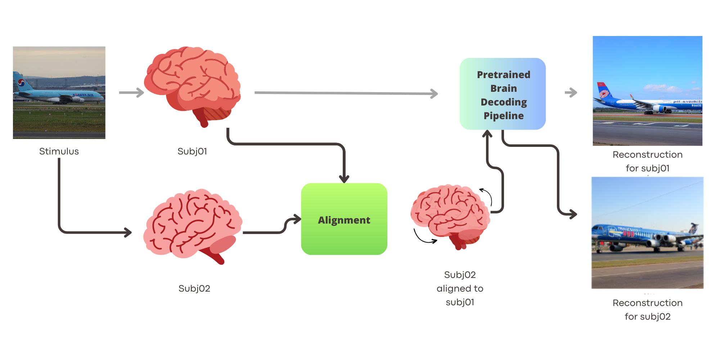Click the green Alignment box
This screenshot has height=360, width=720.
(344, 219)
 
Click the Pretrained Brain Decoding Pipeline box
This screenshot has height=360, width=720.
(503, 94)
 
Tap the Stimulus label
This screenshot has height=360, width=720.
(59, 151)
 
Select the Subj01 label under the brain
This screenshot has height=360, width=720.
(192, 151)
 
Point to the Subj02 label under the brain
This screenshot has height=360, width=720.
(194, 288)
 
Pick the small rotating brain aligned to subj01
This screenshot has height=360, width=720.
(450, 216)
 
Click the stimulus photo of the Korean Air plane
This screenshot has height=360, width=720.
(59, 93)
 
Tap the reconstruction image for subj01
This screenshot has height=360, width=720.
(647, 91)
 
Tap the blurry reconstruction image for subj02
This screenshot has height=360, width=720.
(647, 233)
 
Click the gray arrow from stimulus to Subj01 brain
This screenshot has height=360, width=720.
(131, 93)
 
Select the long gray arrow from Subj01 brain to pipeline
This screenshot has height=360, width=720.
(346, 93)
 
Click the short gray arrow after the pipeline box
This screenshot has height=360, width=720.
(571, 93)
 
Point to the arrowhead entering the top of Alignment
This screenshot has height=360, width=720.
(344, 179)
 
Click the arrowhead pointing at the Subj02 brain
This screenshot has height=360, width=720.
(127, 232)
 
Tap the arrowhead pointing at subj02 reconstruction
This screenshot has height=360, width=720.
(572, 214)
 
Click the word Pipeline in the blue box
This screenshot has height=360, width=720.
(503, 116)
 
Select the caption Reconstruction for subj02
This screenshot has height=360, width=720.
(647, 310)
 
